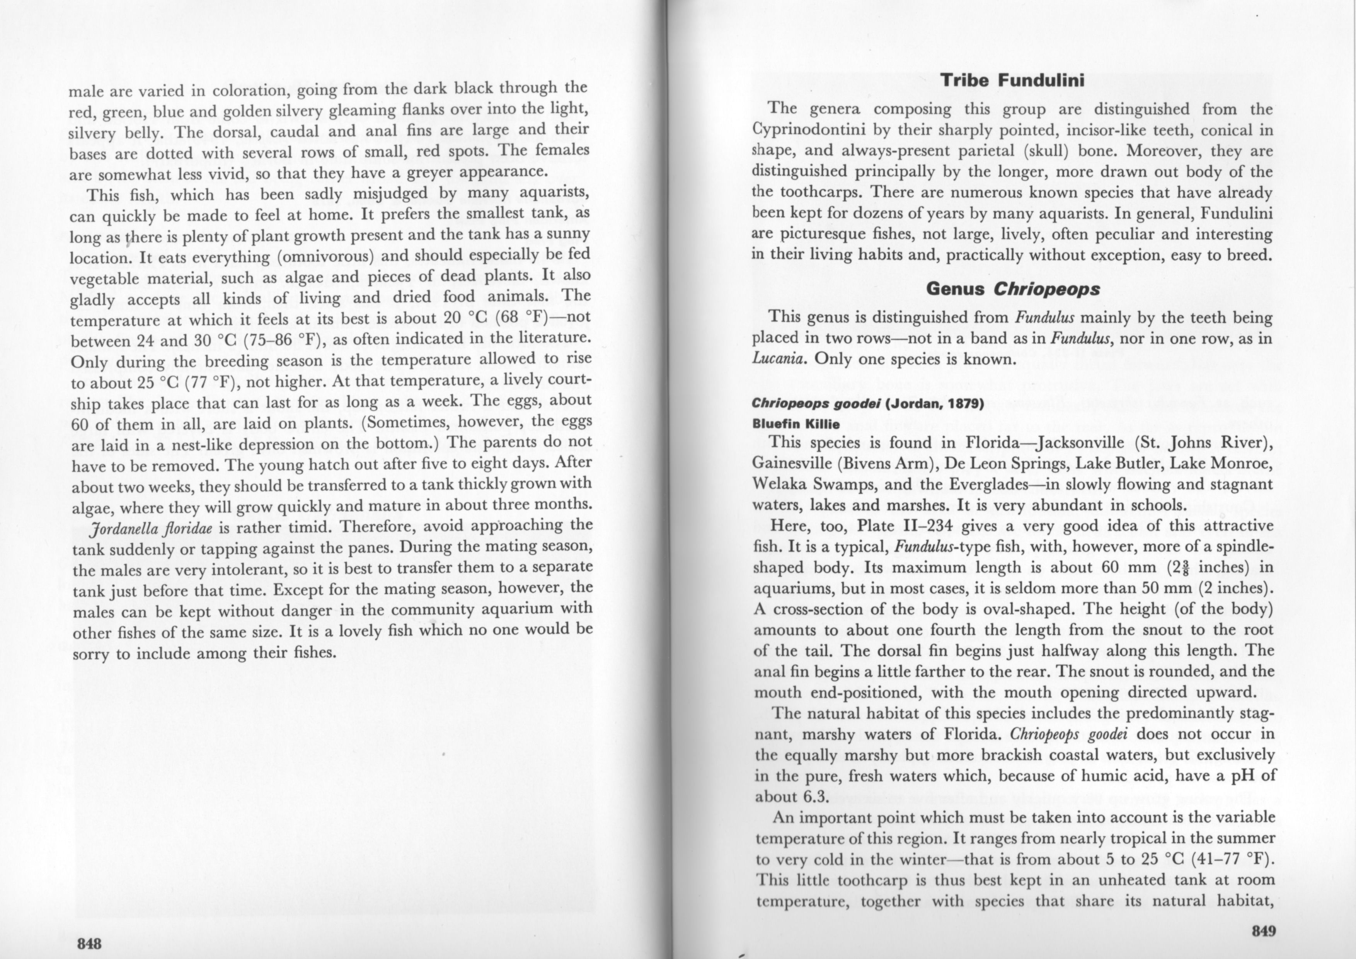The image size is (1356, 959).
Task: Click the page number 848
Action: pos(89,943)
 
